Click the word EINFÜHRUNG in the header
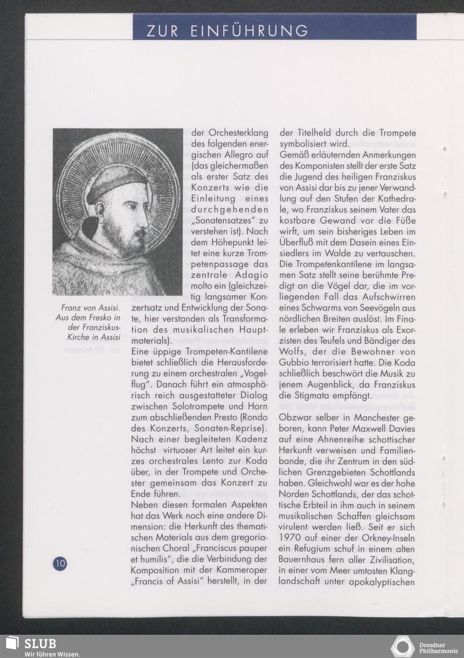pos(249,31)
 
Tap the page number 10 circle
pos(60,564)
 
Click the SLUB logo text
pos(40,644)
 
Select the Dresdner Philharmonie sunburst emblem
pos(402,646)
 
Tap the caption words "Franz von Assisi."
pos(91,308)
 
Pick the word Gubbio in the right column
pos(294,362)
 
